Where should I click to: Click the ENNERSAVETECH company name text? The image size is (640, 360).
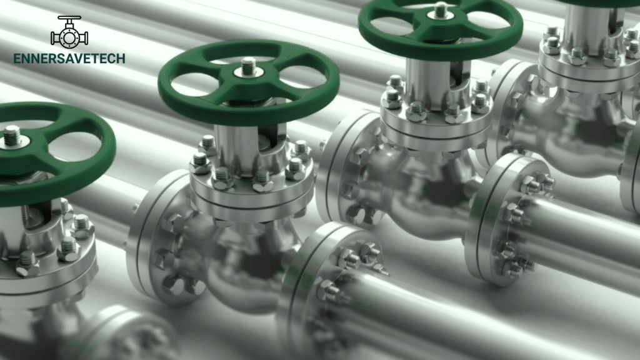pos(69,59)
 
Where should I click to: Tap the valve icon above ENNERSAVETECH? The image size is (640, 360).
pos(69,32)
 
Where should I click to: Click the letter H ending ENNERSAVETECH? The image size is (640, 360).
pos(121,59)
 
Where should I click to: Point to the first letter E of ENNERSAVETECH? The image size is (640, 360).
pos(17,59)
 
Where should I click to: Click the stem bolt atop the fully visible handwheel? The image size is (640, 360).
pos(249,66)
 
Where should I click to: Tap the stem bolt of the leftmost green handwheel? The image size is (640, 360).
pos(12,136)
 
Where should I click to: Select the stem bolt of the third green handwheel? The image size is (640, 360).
pos(441,10)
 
